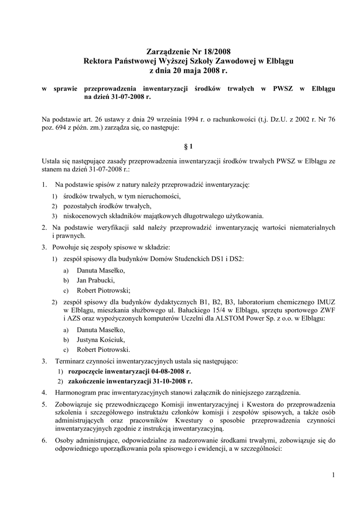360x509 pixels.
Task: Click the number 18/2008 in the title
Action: (216, 51)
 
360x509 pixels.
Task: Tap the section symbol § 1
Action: (187, 146)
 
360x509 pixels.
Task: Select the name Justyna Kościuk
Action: (97, 340)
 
